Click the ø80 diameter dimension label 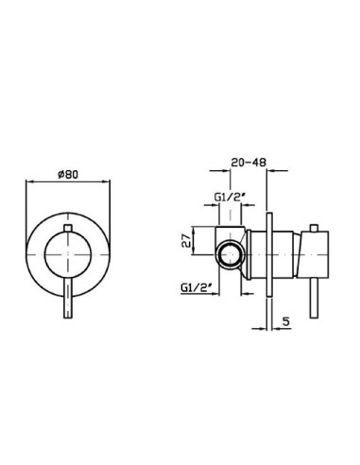68,174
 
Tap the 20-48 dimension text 249,163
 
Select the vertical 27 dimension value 186,240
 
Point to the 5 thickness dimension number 285,321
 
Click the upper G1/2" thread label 230,198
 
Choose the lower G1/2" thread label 196,287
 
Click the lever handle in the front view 68,299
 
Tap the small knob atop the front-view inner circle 68,229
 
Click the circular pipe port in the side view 231,254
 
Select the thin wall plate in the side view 269,254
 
